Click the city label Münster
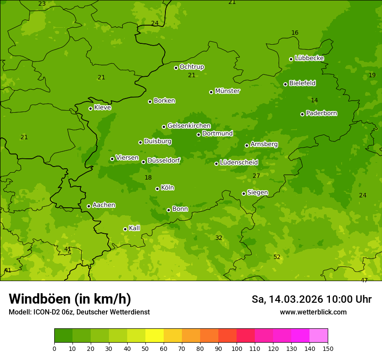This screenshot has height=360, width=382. tap(227, 91)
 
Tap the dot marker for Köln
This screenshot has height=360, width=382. tap(157, 189)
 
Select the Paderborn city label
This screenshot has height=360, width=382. tap(321, 113)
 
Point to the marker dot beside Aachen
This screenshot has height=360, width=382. tap(89, 206)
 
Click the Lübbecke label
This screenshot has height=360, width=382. tap(309, 58)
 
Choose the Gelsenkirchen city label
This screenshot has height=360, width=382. tap(189, 126)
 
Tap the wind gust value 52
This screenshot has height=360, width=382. tap(277, 257)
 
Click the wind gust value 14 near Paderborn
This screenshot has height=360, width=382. tap(314, 101)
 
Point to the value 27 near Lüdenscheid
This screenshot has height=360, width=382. tap(256, 176)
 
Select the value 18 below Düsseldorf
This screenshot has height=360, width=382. tap(148, 178)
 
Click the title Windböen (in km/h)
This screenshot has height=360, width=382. tap(70, 299)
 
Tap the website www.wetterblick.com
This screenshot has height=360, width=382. tap(313, 312)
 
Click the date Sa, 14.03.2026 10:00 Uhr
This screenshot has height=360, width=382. tap(311, 299)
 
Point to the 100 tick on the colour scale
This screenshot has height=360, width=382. tap(237, 348)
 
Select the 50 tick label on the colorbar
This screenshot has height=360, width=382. tap(145, 348)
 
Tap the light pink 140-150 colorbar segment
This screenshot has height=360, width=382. tap(319, 336)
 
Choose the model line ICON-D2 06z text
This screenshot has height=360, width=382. tap(79, 312)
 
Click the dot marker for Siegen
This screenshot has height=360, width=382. tap(244, 193)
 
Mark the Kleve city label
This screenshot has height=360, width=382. tap(102, 108)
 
